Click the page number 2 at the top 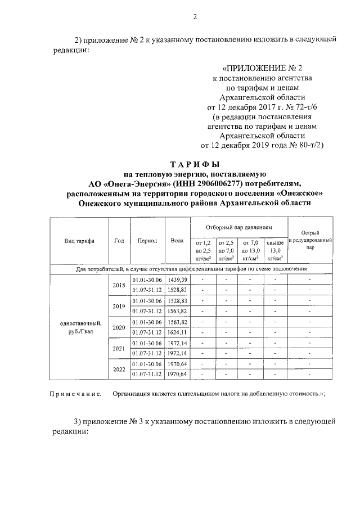click(x=195, y=16)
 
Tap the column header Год click(x=119, y=241)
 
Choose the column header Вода click(x=177, y=241)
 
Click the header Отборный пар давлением click(x=238, y=227)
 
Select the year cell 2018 click(x=119, y=285)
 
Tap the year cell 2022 click(x=119, y=369)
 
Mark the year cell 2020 click(x=119, y=327)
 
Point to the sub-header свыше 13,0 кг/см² click(x=275, y=250)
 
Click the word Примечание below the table click(x=74, y=394)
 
